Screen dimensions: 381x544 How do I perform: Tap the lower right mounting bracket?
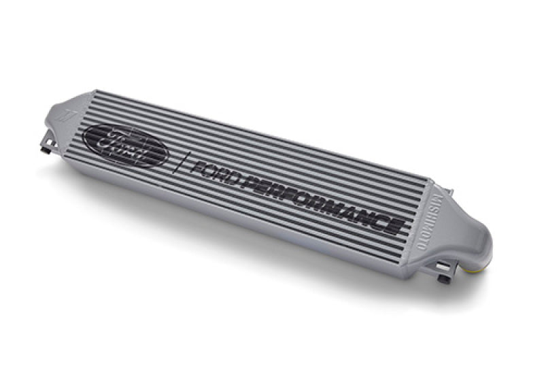[x=443, y=275]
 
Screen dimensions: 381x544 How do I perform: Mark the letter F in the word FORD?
[x=198, y=167]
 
